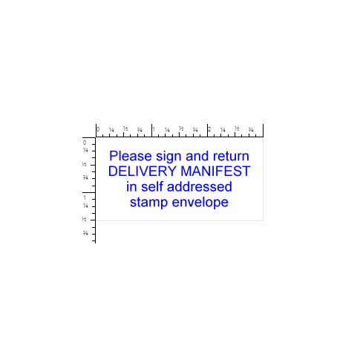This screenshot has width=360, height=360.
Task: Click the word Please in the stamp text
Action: click(131, 156)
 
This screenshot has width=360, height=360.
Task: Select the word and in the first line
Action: click(197, 156)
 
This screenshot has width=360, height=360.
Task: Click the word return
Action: click(231, 157)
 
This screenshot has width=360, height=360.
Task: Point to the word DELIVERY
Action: click(143, 171)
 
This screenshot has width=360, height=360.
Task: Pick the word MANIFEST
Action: click(215, 171)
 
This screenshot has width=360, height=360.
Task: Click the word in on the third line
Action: click(131, 186)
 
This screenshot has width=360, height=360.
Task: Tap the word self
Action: click(152, 186)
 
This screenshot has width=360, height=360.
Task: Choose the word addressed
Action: click(200, 186)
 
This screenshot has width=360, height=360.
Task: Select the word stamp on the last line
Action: click(148, 203)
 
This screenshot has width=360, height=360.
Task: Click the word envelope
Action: click(200, 203)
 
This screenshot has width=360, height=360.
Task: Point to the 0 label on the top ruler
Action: click(98, 129)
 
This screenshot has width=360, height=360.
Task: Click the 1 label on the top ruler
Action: click(154, 129)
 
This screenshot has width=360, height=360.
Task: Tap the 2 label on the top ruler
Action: click(209, 129)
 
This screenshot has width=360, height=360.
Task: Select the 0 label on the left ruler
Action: click(85, 143)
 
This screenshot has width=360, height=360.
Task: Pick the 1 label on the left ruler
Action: click(85, 197)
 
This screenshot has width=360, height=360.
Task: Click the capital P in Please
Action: click(114, 156)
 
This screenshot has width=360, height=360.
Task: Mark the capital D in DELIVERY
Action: click(113, 171)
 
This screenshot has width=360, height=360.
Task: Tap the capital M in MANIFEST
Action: click(186, 171)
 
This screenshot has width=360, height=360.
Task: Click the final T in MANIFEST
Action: click(246, 171)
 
